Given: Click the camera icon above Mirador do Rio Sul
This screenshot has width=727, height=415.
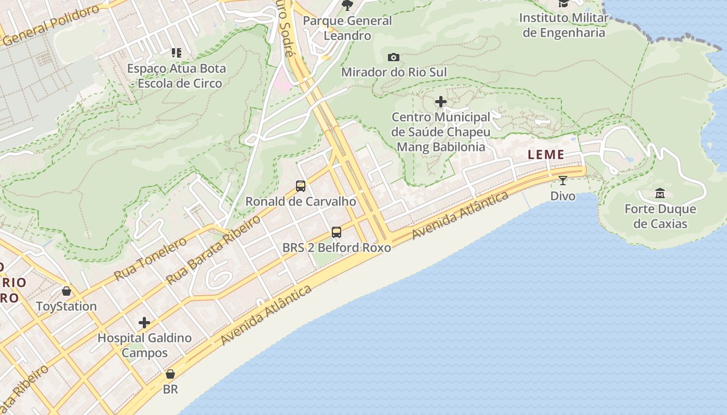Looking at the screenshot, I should click(x=394, y=57).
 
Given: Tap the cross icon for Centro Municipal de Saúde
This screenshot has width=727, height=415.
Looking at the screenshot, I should click(x=441, y=102).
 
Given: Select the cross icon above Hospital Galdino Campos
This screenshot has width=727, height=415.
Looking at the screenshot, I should click(x=144, y=323).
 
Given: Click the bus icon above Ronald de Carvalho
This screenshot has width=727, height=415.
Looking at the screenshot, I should click(x=300, y=186).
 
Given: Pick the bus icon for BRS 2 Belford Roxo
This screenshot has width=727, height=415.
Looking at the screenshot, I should click(x=336, y=232).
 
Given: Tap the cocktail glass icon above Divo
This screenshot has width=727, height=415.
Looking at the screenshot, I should click(x=563, y=181).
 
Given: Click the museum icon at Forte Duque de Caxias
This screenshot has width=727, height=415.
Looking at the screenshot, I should click(x=660, y=193).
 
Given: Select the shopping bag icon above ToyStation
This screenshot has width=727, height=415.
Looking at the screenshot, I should click(x=66, y=291).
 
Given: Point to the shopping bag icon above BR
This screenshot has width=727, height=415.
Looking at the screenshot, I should click(x=170, y=374).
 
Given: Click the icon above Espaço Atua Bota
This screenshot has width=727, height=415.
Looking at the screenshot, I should click(x=177, y=52).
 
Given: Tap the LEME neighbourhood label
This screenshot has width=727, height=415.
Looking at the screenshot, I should click(x=546, y=155).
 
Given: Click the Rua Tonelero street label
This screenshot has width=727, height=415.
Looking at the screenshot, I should click(x=150, y=258).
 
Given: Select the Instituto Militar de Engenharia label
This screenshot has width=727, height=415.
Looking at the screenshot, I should click(x=563, y=25).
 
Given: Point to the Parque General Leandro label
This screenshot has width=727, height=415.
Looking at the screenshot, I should click(x=347, y=28).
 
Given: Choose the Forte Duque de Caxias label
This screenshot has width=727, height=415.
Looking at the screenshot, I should click(x=659, y=216).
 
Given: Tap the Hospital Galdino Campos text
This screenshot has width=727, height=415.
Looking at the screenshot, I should click(x=144, y=345).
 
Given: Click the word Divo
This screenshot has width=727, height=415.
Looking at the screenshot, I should click(x=563, y=196).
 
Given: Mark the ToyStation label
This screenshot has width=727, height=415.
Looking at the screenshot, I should click(x=66, y=307).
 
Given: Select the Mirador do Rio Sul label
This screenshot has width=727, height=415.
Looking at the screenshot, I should click(x=394, y=72).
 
